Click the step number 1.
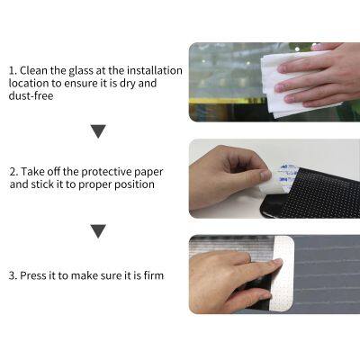[13, 70]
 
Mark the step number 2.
[13, 171]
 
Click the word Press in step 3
[37, 274]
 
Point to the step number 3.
[13, 274]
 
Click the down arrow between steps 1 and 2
[98, 131]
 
